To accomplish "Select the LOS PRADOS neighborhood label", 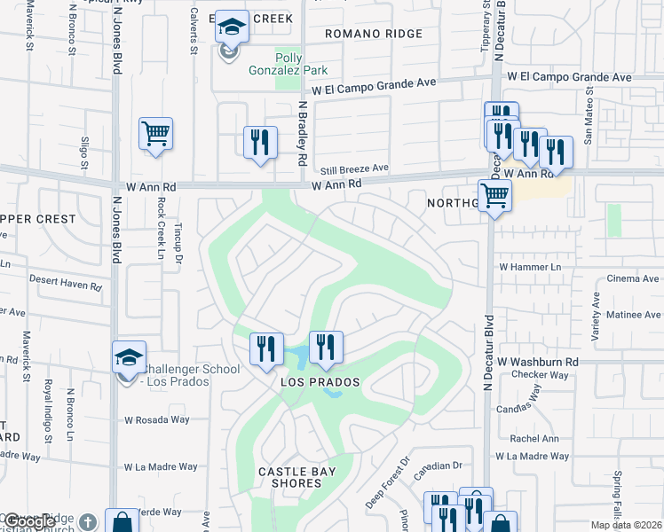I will tap(320, 382).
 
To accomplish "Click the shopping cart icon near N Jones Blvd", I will tap(155, 135).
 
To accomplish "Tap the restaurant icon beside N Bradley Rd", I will tap(259, 143).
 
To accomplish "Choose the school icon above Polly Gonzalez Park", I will tap(232, 28).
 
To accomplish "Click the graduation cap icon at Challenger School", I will tap(129, 357).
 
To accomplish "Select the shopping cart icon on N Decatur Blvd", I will tap(494, 196).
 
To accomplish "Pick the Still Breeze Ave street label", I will tap(355, 168).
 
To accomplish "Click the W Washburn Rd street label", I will tap(538, 362).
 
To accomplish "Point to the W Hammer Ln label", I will tap(531, 266).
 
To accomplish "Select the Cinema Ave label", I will tap(635, 278).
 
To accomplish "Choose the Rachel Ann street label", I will tap(535, 437).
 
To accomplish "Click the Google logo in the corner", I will tap(28, 522).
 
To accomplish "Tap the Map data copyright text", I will tap(627, 525).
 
